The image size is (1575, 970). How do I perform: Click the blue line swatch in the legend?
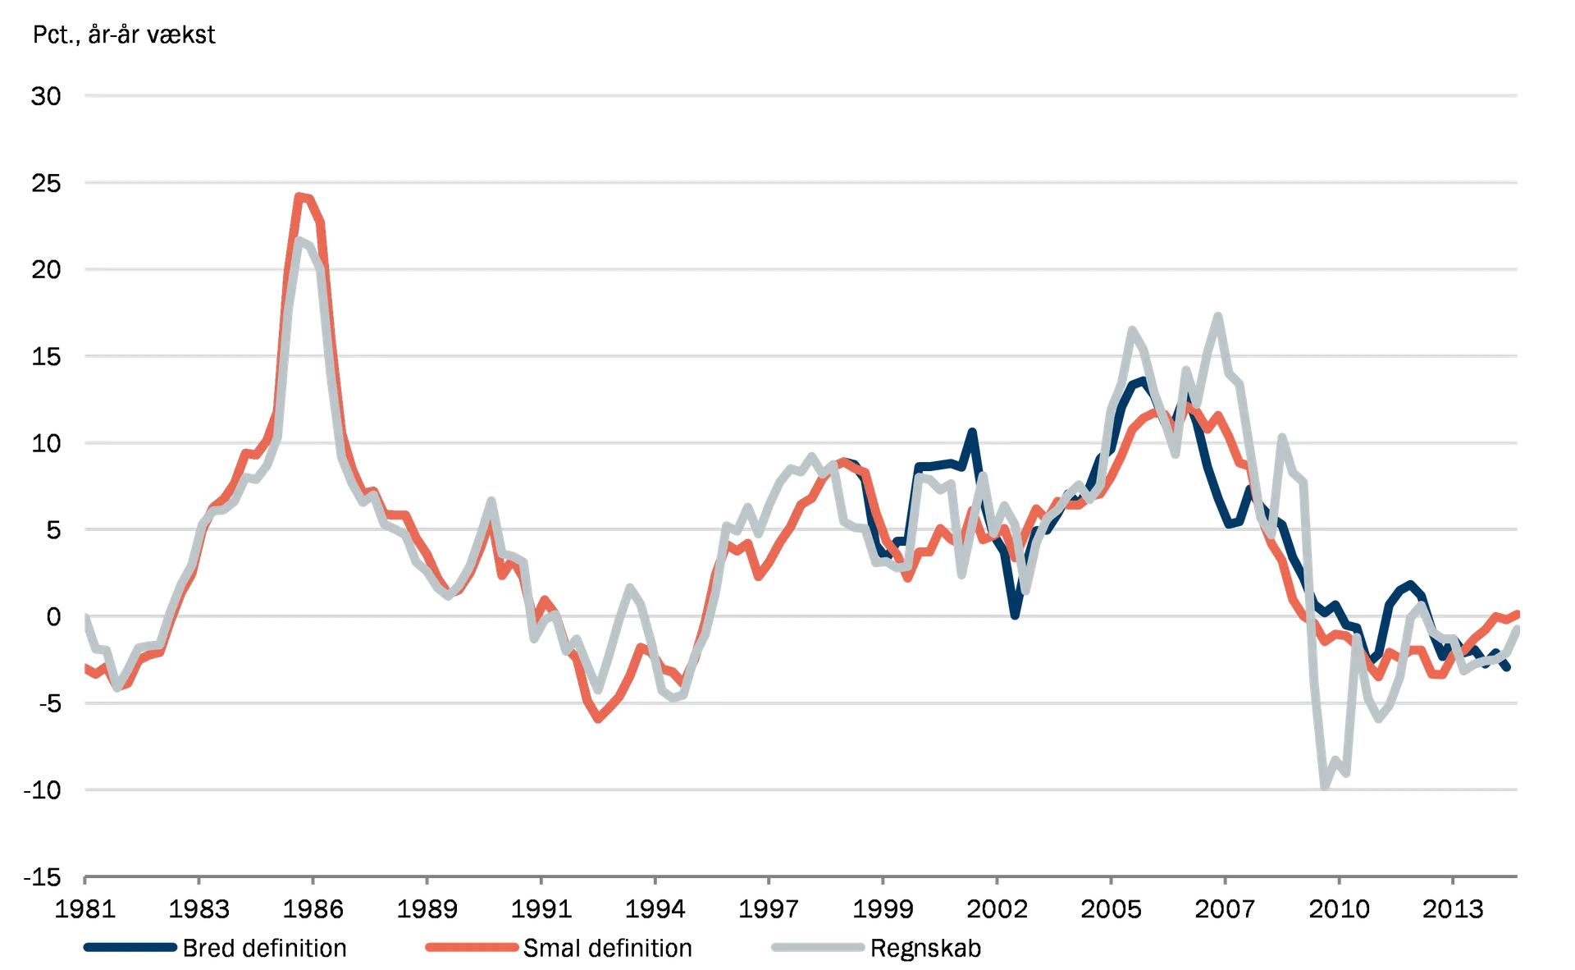[130, 948]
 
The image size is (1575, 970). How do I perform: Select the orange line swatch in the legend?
[471, 948]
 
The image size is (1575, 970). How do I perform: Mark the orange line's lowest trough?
[598, 721]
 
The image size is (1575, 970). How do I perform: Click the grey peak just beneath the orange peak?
[304, 241]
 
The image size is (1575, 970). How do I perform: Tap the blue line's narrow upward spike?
[973, 429]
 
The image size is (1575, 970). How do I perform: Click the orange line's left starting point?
[85, 666]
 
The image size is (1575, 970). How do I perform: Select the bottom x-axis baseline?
[800, 876]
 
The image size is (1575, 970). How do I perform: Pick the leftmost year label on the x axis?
[86, 908]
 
